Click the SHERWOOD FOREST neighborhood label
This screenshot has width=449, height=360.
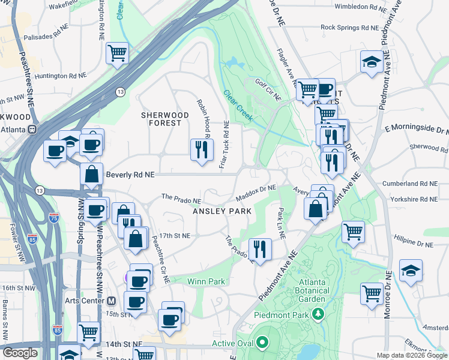160,119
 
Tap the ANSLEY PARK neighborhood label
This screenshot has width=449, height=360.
222,212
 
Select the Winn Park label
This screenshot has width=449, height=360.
206,281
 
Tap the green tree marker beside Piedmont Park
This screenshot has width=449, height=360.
319,314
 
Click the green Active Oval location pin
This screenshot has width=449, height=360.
262,343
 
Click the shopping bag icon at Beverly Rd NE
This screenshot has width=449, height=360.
91,175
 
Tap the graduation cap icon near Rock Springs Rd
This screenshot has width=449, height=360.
372,62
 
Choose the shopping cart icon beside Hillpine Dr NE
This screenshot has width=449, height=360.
353,231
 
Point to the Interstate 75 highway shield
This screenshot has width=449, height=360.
55,219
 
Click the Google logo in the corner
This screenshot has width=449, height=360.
19,353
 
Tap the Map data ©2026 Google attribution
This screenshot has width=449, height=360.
412,355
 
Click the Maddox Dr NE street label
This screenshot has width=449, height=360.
255,191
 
